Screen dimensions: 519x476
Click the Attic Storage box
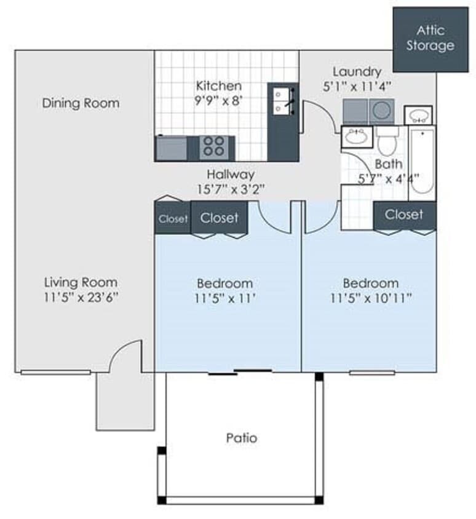[x=430, y=39]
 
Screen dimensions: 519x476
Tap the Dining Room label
[x=81, y=103]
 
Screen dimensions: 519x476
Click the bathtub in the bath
[x=422, y=161]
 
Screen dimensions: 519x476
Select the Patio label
[x=241, y=438]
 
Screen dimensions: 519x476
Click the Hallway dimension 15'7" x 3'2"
[x=231, y=189]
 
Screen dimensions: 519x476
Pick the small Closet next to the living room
[x=173, y=219]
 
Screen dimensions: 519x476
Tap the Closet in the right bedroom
[x=404, y=215]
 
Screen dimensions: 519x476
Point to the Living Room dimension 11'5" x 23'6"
[x=81, y=298]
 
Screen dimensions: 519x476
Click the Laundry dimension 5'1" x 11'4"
[x=357, y=87]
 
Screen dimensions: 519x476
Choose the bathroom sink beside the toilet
[x=356, y=137]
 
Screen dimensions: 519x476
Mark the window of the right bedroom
[x=372, y=372]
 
